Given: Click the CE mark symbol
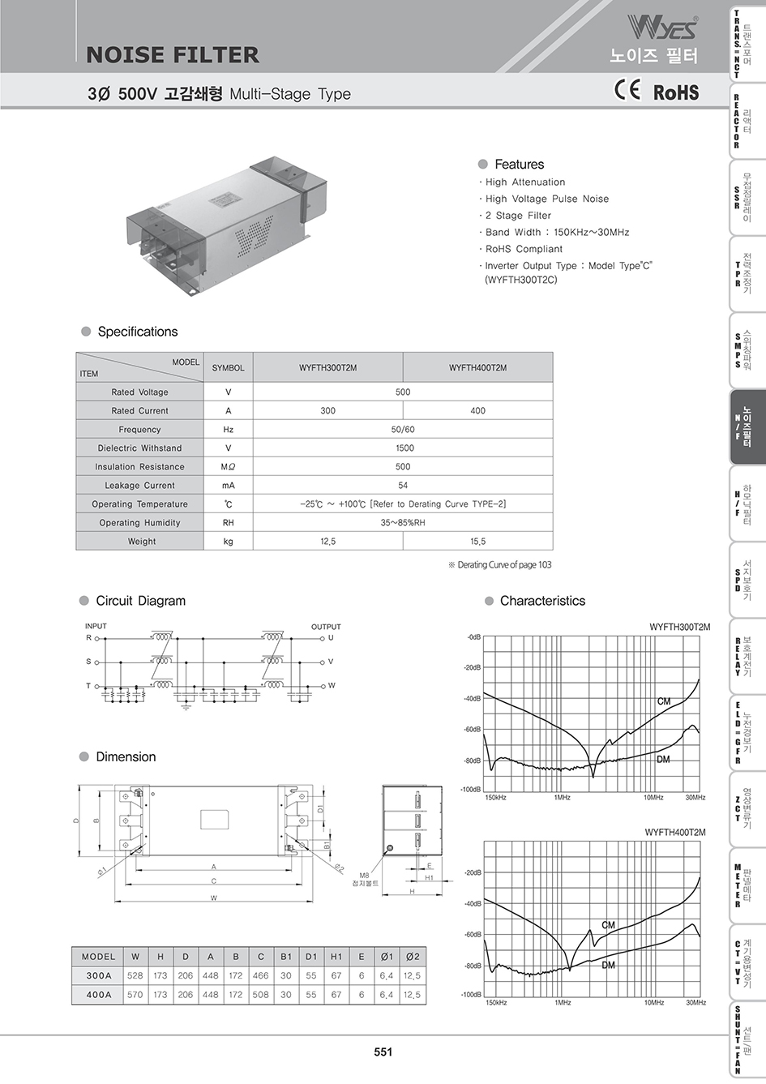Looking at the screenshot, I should click(x=627, y=91).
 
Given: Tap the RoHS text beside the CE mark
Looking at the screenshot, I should click(x=675, y=92).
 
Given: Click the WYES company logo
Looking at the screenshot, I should click(x=661, y=29).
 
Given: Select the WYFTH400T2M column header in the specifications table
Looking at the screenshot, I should click(x=477, y=368).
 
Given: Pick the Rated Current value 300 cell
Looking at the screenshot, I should click(x=327, y=411).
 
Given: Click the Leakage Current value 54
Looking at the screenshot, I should click(x=403, y=486).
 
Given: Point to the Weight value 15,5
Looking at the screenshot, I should click(x=477, y=542).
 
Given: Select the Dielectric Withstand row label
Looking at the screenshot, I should click(x=139, y=448).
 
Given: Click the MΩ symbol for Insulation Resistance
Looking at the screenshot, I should click(x=228, y=467).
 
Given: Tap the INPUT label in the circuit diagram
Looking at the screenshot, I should click(x=96, y=626).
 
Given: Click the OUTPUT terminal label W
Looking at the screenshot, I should click(x=332, y=686).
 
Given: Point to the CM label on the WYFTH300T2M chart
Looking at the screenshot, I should click(x=664, y=701).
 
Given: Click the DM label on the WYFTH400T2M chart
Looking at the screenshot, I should click(x=608, y=966).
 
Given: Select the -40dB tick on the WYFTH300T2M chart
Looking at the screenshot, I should click(x=473, y=699).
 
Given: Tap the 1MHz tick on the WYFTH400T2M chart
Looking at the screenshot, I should click(x=563, y=1003).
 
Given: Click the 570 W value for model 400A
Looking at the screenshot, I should click(x=135, y=995).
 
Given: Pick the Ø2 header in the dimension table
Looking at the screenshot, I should click(x=412, y=957).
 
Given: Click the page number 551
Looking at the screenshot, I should click(x=383, y=1052).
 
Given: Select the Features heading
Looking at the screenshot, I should click(x=519, y=165).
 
